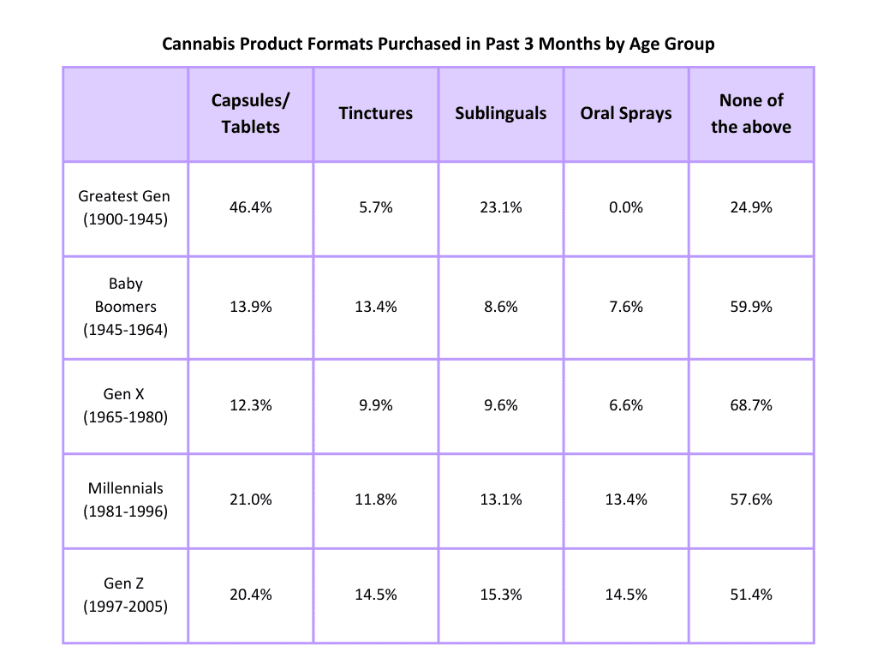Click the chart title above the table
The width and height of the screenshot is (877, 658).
438,44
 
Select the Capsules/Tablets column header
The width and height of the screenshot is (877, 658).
251,113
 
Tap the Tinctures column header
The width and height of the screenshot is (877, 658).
376,113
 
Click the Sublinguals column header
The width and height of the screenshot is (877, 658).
501,113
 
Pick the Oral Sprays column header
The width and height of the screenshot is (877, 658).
626,113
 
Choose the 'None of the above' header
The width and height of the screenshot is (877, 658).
751,113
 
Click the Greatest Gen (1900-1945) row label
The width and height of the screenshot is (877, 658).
125,207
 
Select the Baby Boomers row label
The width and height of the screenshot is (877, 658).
125,306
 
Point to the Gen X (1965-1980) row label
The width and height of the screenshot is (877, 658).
125,405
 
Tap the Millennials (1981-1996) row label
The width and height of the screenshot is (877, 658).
125,499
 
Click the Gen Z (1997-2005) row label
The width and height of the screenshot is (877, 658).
125,595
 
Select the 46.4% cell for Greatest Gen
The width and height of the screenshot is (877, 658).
251,207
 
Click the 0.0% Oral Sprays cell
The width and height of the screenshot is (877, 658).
626,207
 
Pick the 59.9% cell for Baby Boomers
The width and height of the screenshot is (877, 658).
751,306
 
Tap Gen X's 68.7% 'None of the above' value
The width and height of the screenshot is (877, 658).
751,405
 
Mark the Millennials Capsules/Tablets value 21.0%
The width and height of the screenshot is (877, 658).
251,499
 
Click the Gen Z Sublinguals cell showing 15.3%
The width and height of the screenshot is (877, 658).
501,595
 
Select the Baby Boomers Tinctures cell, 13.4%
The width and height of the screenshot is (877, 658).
376,306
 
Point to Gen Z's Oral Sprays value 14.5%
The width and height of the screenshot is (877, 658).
626,595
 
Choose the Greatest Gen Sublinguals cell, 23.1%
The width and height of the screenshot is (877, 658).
501,207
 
